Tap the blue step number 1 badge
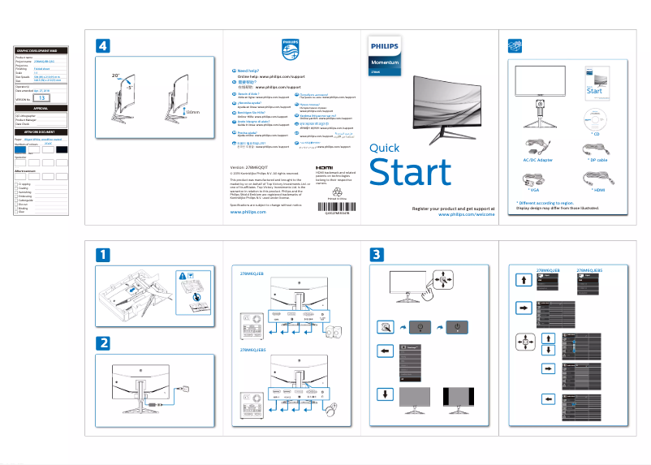(103, 255)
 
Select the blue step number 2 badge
(103, 342)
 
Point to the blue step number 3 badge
(377, 255)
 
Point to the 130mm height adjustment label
(192, 112)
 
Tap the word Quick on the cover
(384, 148)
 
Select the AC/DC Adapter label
(539, 161)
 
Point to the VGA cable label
(533, 189)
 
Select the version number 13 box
(42, 97)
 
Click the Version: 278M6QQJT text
(249, 165)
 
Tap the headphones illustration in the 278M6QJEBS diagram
(333, 409)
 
